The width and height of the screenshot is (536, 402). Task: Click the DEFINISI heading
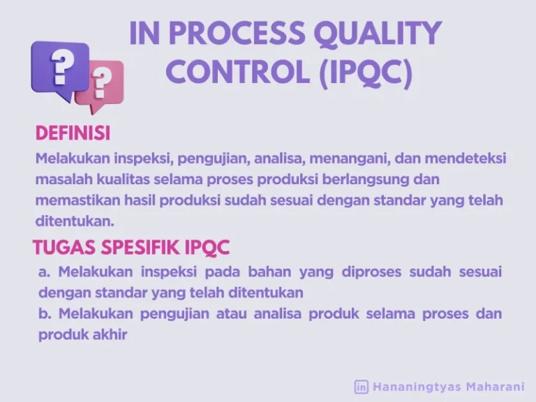(x=73, y=133)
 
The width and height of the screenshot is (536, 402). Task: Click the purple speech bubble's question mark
(x=62, y=68)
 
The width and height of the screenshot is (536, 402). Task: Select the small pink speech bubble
(x=102, y=86)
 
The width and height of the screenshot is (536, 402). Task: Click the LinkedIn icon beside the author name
(x=362, y=386)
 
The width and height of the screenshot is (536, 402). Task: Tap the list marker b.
(x=45, y=314)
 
